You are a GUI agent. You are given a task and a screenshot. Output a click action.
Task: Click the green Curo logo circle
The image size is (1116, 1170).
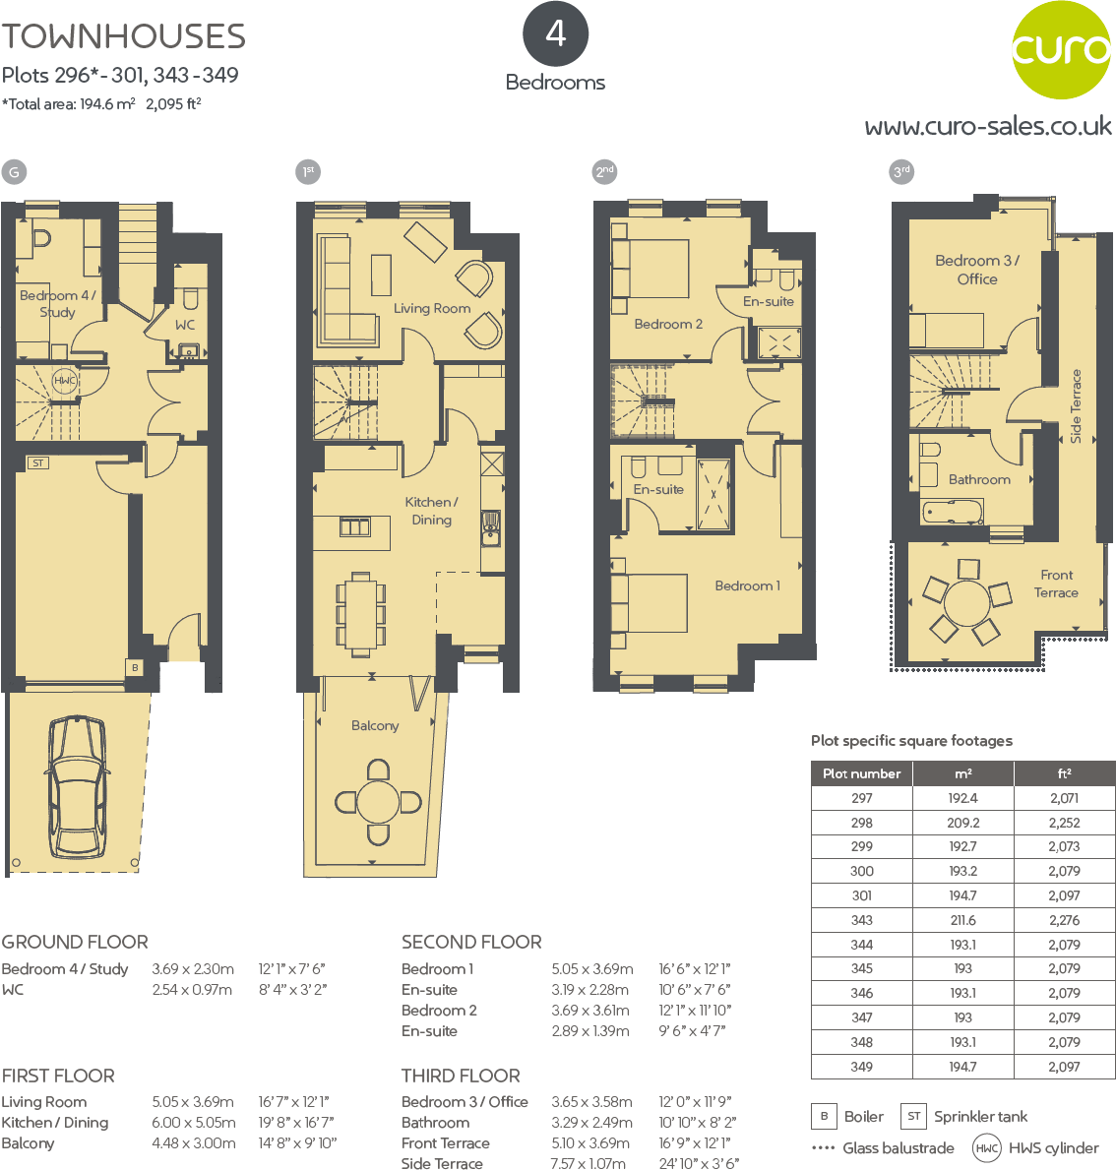1061,50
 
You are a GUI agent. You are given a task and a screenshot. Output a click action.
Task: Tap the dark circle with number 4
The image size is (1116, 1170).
555,34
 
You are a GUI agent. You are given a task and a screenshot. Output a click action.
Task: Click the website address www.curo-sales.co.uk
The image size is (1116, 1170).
987,127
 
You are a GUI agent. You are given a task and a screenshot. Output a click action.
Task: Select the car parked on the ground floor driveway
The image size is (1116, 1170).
78,786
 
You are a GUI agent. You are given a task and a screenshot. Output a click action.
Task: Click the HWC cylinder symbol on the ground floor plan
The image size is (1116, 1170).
65,381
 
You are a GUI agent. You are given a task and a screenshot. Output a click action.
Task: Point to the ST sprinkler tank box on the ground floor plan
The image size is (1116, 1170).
38,462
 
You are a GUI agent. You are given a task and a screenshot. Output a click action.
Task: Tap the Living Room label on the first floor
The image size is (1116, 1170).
432,308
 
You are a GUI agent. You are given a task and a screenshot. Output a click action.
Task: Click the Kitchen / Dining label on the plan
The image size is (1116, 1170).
431,511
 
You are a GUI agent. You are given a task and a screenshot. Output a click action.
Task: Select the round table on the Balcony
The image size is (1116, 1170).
378,802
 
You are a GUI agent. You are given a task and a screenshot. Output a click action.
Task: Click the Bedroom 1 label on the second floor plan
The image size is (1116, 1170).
747,585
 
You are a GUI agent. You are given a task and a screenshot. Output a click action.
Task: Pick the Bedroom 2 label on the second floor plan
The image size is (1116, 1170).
668,324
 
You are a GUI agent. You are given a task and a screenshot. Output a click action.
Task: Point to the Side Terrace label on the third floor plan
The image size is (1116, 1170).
1076,405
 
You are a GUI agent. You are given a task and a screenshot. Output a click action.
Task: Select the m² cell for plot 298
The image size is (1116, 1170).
962,823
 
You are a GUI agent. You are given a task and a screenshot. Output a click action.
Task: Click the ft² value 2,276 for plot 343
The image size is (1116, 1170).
1064,920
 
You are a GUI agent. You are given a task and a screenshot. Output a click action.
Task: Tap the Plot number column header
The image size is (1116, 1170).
861,773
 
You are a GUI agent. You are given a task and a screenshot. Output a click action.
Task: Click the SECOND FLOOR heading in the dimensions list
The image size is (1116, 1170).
471,942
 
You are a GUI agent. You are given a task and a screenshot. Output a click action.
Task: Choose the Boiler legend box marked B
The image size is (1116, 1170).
824,1116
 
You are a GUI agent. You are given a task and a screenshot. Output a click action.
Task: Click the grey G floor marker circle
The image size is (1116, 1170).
14,172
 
